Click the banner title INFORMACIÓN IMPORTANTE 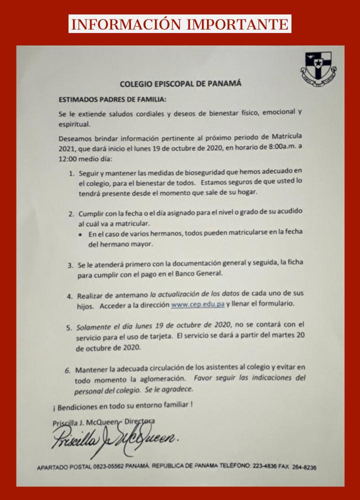click(x=180, y=24)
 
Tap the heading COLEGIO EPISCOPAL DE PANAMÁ click(x=180, y=83)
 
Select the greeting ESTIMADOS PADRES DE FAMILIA click(x=106, y=98)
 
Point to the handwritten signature click(x=115, y=440)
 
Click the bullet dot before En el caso click(x=82, y=234)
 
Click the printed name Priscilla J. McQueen click(x=84, y=422)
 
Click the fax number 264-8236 click(x=304, y=467)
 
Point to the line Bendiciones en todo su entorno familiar click(x=123, y=404)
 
